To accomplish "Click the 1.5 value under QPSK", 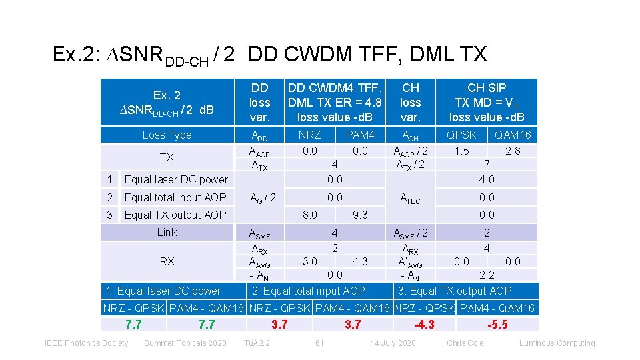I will point(461,151).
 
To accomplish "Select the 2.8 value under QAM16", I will point(513,151).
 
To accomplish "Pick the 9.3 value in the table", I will point(359,215).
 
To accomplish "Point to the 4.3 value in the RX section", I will point(359,261).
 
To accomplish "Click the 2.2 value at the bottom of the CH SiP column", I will point(487,275).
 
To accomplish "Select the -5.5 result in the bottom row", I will point(497,325).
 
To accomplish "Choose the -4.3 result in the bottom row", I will point(424,325).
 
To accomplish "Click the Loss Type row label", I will point(167,135).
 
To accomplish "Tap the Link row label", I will point(167,232).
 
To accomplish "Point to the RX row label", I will point(167,261).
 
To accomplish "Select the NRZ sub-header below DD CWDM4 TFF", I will point(309,135).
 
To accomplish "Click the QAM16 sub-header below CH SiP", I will point(513,135).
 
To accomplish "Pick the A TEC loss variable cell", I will point(410,198).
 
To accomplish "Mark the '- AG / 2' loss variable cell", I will point(259,197).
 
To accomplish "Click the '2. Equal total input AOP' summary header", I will point(309,291).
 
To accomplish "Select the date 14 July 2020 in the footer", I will point(393,343).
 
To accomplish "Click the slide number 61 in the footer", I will point(319,343).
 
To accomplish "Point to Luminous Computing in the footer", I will point(557,343).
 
